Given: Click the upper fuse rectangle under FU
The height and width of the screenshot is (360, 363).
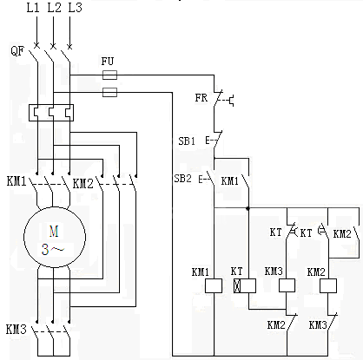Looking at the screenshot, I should point(109,75).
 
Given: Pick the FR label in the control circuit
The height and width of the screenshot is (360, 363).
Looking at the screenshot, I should point(201,98).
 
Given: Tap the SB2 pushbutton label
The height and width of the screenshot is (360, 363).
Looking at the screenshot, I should point(184,179).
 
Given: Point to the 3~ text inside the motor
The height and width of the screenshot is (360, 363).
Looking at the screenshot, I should point(54,248).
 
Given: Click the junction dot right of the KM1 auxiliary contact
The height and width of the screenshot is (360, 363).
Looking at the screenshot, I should point(247,208).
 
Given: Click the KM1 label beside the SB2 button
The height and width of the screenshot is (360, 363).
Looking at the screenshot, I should point(230,180).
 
